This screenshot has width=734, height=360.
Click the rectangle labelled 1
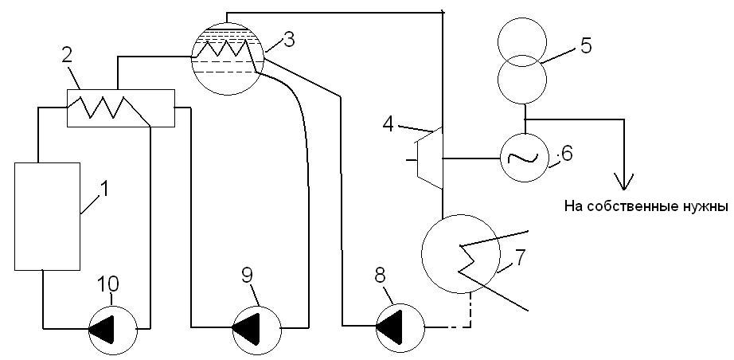coord(48,215)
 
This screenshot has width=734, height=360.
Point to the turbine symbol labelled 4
coord(430,158)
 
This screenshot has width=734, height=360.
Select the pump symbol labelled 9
coord(258,326)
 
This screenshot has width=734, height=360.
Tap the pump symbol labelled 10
coord(113,327)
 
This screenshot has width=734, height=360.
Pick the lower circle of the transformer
coord(521,80)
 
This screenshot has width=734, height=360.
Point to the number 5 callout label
coord(585,45)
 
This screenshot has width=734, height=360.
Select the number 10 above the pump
coord(109,284)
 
